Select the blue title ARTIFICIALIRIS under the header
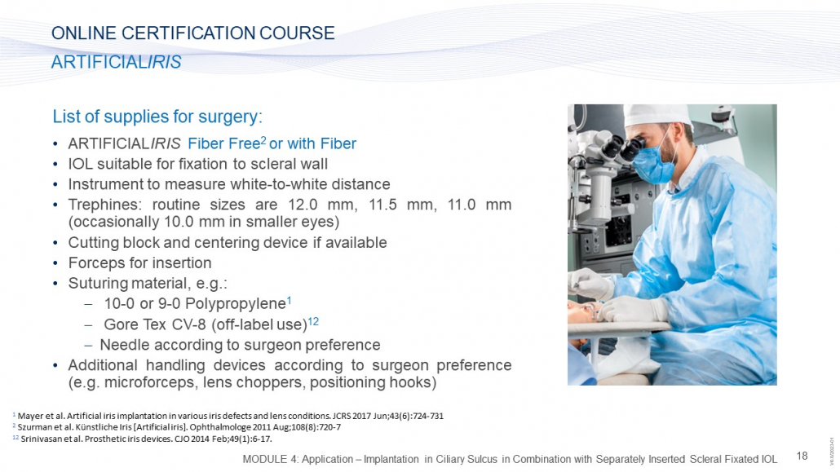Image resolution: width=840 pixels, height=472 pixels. point(117,62)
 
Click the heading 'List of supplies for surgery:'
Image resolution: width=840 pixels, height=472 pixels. point(157,117)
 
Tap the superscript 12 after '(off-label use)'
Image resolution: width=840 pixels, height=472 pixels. point(313,321)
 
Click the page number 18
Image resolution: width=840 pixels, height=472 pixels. point(802,456)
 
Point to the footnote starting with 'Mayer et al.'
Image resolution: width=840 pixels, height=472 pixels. point(228,416)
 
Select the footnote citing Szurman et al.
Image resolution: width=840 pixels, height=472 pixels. point(177,427)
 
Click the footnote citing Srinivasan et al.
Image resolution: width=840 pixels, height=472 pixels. point(142,439)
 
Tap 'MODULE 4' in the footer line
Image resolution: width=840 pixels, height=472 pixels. point(271,459)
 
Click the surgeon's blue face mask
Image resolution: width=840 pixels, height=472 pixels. point(655,163)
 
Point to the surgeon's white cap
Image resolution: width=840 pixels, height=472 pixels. point(658,115)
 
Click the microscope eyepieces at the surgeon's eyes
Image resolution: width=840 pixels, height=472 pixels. point(624,148)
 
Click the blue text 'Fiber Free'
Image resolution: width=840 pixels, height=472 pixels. point(224,143)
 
